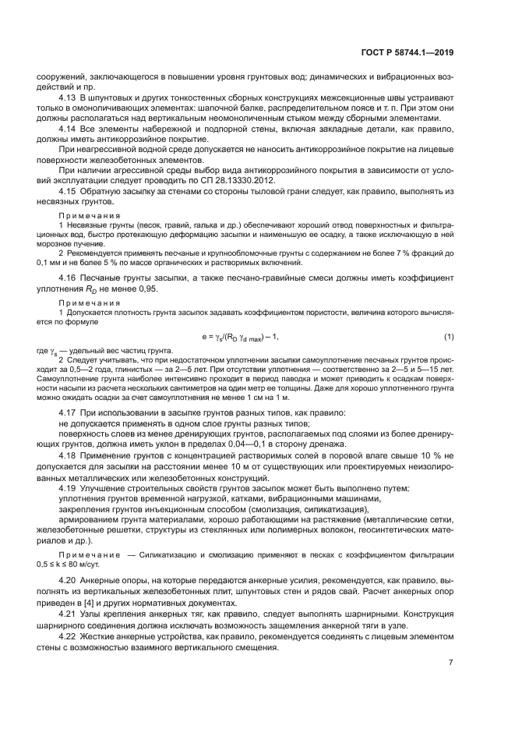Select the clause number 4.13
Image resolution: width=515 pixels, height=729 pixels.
coord(69,98)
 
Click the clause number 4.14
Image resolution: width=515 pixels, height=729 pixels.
coord(69,129)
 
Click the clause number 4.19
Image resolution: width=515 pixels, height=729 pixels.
coord(69,489)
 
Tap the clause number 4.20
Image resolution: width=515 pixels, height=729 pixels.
coord(69,581)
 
